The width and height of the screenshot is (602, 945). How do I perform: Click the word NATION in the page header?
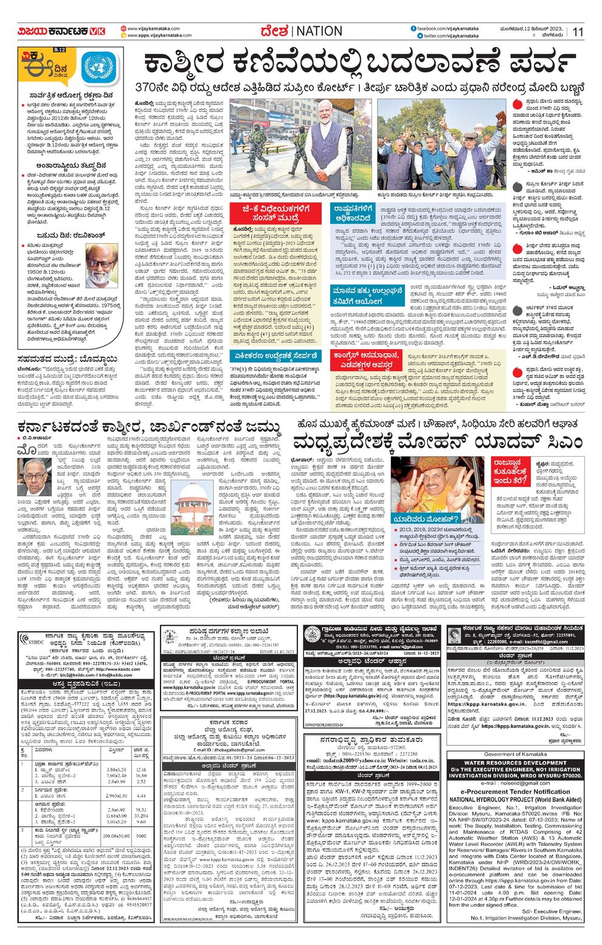tap(320, 31)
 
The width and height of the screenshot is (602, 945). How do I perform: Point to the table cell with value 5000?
tap(142, 836)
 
